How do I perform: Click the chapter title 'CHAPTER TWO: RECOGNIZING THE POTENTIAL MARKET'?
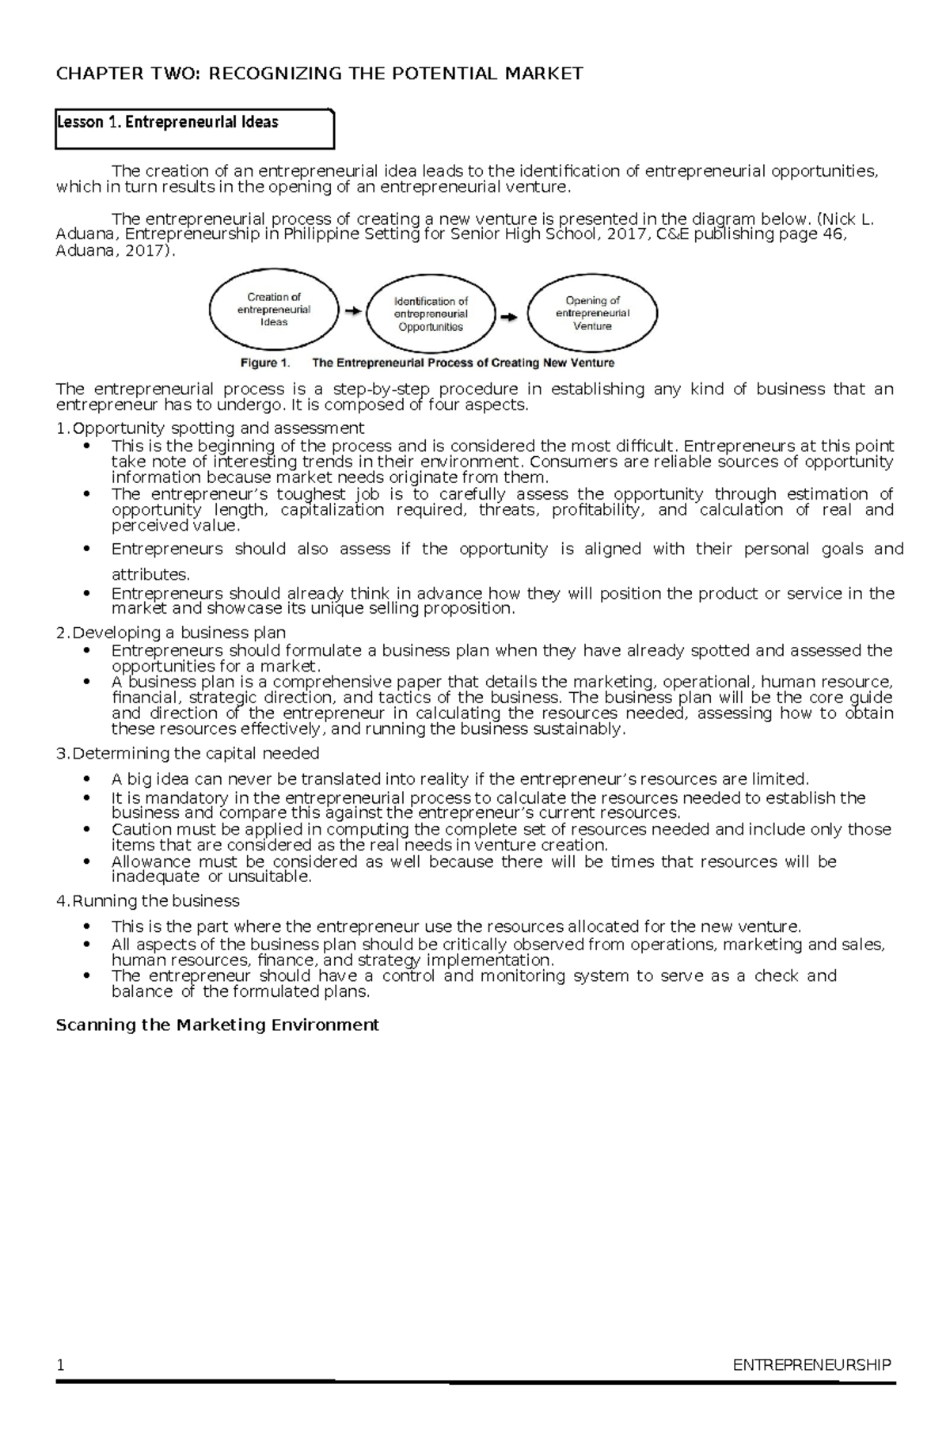pyautogui.click(x=319, y=74)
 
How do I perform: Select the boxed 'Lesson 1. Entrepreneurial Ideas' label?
pyautogui.click(x=168, y=122)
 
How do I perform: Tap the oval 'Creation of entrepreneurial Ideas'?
pyautogui.click(x=274, y=310)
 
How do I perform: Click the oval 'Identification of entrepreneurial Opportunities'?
pyautogui.click(x=431, y=314)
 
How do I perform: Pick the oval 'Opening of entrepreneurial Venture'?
pyautogui.click(x=592, y=313)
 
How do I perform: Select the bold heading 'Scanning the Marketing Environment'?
pyautogui.click(x=217, y=1025)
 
